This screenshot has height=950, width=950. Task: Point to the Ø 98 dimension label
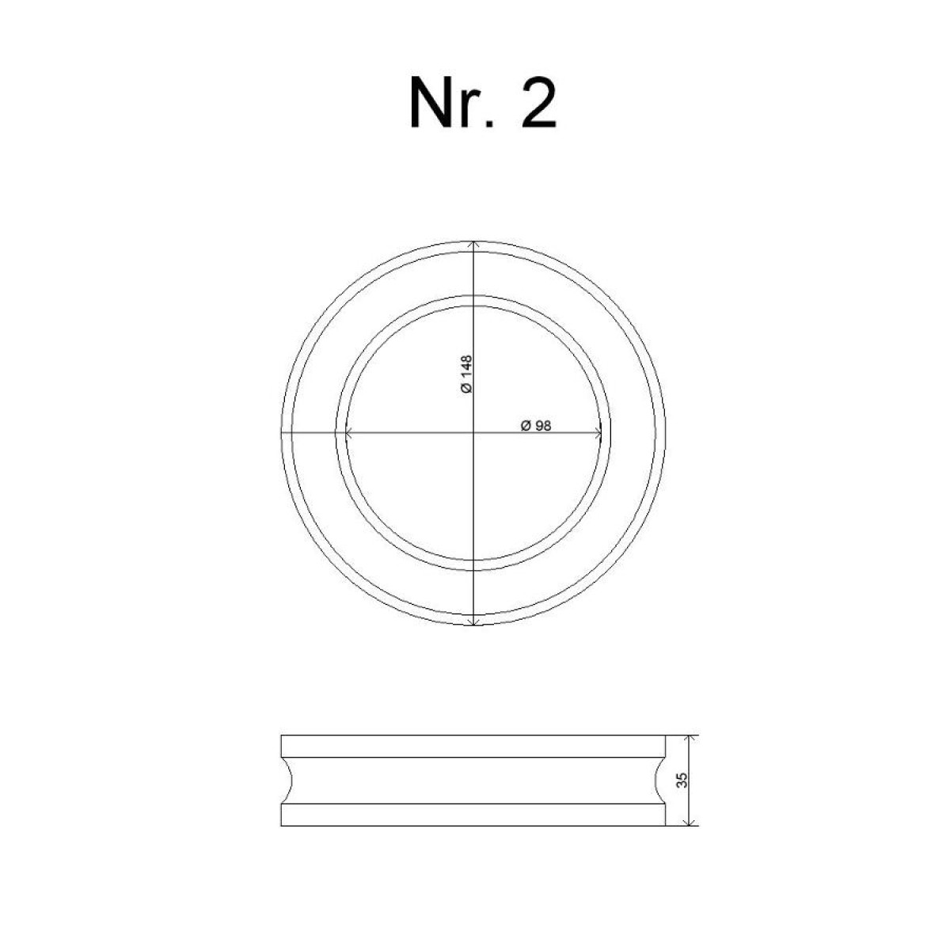[x=536, y=425]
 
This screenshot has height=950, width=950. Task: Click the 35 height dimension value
[x=682, y=781]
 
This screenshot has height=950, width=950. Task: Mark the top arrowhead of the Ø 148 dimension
[x=473, y=244]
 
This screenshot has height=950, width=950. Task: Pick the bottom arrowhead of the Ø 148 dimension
[x=473, y=622]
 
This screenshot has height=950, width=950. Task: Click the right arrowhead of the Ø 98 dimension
[x=598, y=432]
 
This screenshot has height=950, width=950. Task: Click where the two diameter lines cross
[x=473, y=432]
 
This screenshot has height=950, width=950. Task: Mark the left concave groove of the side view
[x=288, y=781]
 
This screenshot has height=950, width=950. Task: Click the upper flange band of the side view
[x=473, y=747]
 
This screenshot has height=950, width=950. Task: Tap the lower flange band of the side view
[x=473, y=815]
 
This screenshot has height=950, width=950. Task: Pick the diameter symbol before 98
[x=526, y=425]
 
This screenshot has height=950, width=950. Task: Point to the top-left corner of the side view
[x=282, y=735]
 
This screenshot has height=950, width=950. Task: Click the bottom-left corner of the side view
[x=282, y=826]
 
